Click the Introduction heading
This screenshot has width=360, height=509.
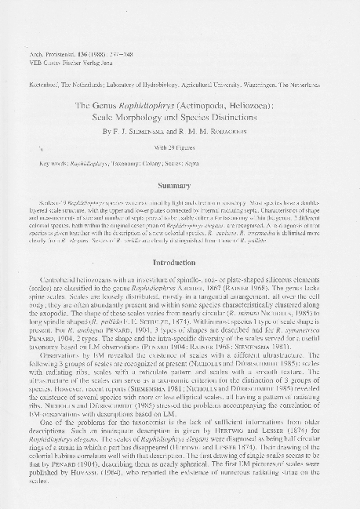pos(180,262)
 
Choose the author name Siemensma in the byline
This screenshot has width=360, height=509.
pos(146,130)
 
